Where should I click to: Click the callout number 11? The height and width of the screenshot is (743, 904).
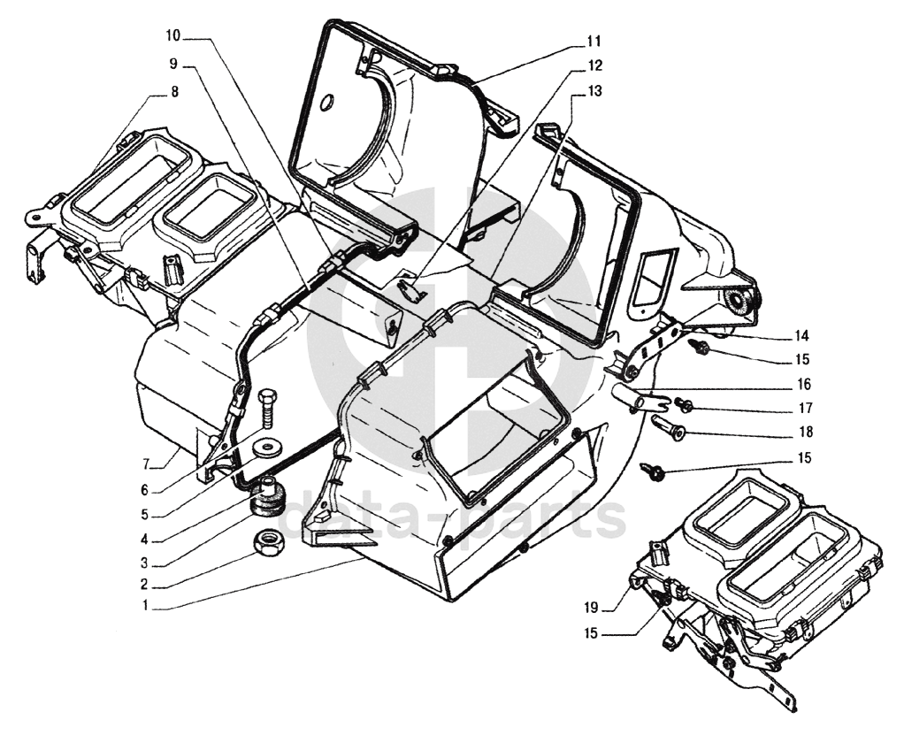[x=594, y=42]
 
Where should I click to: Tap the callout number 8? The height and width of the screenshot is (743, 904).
[x=174, y=92]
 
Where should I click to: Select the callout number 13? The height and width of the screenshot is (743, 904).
[x=594, y=91]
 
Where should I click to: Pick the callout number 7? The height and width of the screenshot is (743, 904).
[x=147, y=464]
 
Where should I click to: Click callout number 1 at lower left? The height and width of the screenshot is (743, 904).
[x=145, y=606]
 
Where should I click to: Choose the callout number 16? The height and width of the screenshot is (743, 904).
[x=804, y=385]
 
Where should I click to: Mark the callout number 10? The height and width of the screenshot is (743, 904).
[x=173, y=35]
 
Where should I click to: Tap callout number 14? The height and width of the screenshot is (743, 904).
[x=801, y=336]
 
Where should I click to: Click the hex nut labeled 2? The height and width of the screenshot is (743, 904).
[x=268, y=543]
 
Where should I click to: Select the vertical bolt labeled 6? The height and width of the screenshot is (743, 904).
[x=267, y=410]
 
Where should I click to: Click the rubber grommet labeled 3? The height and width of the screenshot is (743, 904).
[x=267, y=501]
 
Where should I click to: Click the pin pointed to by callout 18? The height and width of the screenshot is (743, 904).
[x=666, y=425]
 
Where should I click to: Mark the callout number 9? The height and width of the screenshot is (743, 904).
[x=173, y=64]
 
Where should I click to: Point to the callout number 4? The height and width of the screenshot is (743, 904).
[x=144, y=540]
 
